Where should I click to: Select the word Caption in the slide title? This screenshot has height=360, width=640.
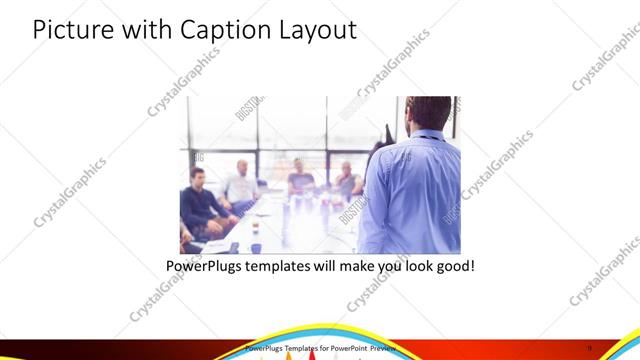click(x=219, y=30)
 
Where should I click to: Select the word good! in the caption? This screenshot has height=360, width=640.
click(x=452, y=267)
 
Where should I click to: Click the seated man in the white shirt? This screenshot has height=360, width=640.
click(x=241, y=186)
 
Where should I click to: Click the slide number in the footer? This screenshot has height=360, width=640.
click(x=618, y=348)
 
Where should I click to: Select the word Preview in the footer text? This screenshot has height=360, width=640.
click(x=384, y=348)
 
